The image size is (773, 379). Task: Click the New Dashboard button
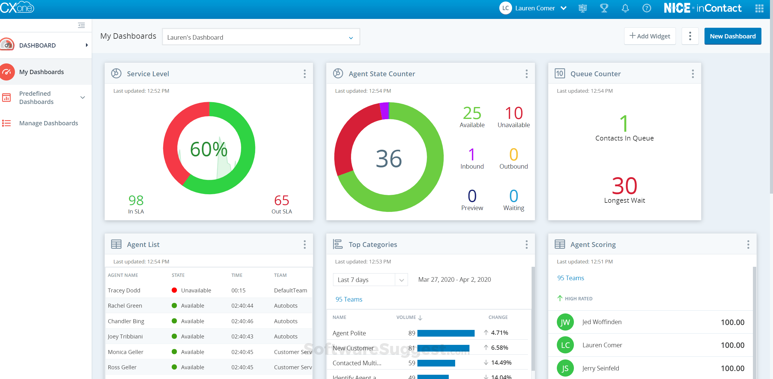732,36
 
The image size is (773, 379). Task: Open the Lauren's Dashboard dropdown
261,37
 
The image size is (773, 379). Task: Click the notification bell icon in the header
625,8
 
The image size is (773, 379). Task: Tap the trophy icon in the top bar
604,8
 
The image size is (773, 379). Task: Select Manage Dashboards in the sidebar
48,123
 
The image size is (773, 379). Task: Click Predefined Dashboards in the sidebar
36,98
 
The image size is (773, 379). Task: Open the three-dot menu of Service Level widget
304,74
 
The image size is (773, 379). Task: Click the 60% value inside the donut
209,149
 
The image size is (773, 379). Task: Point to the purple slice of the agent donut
385,110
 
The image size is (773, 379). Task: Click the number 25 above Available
472,113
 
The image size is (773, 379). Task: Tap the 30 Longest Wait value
624,186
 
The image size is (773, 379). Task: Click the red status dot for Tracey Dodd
174,290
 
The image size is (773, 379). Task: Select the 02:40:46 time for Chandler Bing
242,321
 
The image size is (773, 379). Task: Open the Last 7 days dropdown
370,280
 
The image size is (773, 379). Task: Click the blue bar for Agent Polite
446,333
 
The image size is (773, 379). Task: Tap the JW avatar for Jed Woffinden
565,322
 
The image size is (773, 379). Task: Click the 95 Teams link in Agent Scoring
570,278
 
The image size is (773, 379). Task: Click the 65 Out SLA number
281,201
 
